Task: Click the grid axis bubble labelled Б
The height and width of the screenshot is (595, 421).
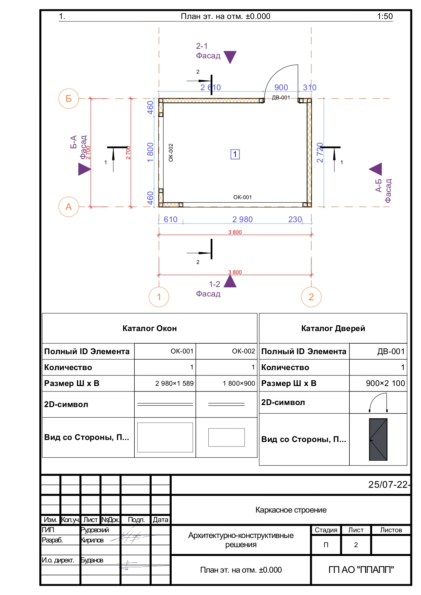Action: tap(69, 98)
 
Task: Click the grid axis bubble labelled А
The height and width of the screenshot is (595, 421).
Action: tap(69, 207)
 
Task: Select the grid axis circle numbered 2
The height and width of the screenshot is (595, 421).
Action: tap(311, 297)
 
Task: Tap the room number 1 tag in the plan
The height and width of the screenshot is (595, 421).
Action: tap(235, 154)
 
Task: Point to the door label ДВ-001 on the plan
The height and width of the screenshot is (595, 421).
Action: tap(281, 98)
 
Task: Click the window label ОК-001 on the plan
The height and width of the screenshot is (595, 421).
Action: tap(242, 197)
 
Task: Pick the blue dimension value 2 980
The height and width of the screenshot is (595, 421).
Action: tap(242, 219)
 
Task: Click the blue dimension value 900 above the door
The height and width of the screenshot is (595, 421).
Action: tap(281, 88)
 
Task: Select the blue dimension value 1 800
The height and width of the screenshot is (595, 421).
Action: tap(150, 152)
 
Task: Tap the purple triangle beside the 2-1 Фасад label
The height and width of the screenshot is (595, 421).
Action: tap(230, 56)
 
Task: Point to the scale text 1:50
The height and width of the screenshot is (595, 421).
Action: tap(385, 16)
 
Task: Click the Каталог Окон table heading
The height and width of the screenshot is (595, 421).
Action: tap(150, 328)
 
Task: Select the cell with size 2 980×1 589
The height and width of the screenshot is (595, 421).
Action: tap(174, 383)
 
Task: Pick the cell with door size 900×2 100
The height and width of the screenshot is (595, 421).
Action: tap(385, 383)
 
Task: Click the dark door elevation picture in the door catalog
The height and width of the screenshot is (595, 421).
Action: tap(378, 439)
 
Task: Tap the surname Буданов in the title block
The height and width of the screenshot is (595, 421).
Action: tap(92, 560)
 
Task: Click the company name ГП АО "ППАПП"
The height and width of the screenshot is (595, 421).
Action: tap(361, 570)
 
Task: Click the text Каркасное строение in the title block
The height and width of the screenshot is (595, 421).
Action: tap(291, 510)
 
